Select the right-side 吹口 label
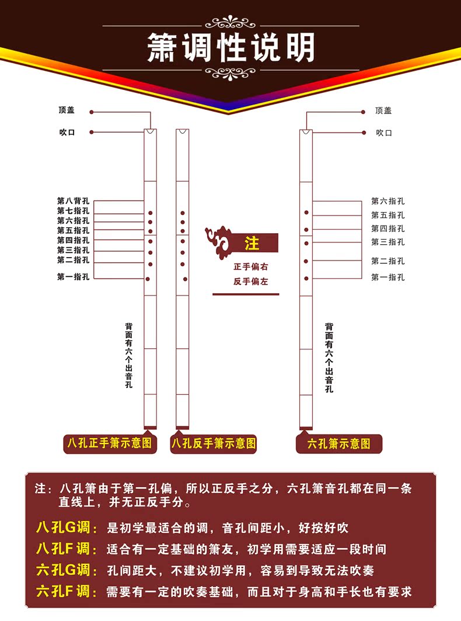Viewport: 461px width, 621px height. click(x=383, y=133)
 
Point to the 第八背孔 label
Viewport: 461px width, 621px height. click(x=73, y=201)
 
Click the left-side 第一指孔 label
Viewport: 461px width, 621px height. click(x=73, y=277)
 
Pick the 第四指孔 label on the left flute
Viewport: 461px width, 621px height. click(x=73, y=240)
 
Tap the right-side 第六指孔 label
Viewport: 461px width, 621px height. click(x=387, y=201)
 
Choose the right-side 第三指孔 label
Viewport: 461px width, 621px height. click(x=387, y=242)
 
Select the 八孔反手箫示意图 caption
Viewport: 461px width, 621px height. click(x=214, y=443)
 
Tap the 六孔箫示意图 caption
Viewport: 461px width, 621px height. click(x=339, y=444)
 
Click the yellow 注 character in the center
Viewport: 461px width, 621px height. click(x=252, y=243)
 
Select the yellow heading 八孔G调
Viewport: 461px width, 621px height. click(x=67, y=528)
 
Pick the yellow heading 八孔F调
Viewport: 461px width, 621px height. click(x=67, y=549)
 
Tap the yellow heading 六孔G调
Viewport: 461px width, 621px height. click(x=67, y=570)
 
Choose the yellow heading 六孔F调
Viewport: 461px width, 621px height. click(x=67, y=591)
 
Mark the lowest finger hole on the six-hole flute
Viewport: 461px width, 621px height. click(x=306, y=276)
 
